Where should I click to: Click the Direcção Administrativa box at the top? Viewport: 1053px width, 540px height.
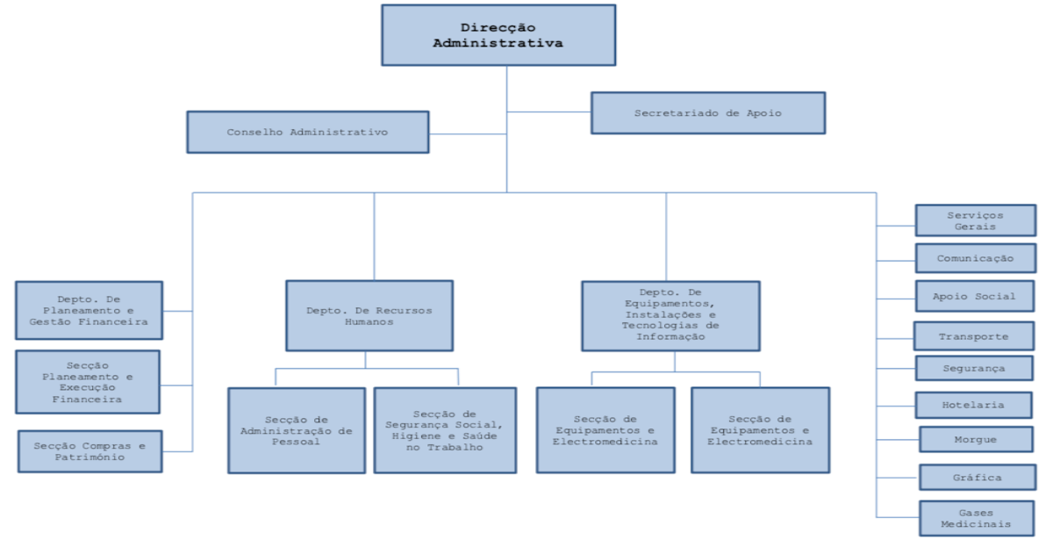(x=498, y=35)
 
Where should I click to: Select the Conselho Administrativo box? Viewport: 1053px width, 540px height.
(x=307, y=132)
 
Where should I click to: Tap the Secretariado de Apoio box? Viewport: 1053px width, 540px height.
(x=707, y=113)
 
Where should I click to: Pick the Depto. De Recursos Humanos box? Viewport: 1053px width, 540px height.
(x=369, y=316)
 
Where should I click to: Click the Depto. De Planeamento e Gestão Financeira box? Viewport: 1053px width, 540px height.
(x=89, y=310)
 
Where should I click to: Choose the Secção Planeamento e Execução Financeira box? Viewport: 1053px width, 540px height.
(x=88, y=382)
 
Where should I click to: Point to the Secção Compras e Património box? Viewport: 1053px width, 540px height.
(x=90, y=451)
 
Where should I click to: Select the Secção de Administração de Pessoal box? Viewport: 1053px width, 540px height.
(x=297, y=430)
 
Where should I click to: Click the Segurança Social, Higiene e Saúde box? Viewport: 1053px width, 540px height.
(x=443, y=430)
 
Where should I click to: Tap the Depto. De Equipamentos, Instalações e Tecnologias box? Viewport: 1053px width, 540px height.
(x=671, y=315)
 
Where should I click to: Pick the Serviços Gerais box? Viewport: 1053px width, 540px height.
(x=974, y=220)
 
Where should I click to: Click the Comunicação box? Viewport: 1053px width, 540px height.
(x=974, y=258)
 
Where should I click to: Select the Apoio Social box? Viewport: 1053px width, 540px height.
(x=974, y=296)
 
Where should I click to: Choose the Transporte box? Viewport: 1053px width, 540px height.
(x=973, y=336)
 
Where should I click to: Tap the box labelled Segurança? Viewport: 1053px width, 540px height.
(x=973, y=368)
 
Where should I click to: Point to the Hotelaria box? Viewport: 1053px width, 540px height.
(x=973, y=405)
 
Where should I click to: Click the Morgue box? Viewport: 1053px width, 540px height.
(x=975, y=439)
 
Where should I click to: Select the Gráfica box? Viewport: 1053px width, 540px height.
(x=977, y=477)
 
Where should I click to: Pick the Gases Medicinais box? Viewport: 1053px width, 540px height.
(x=977, y=518)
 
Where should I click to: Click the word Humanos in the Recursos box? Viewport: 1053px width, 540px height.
(x=369, y=322)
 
